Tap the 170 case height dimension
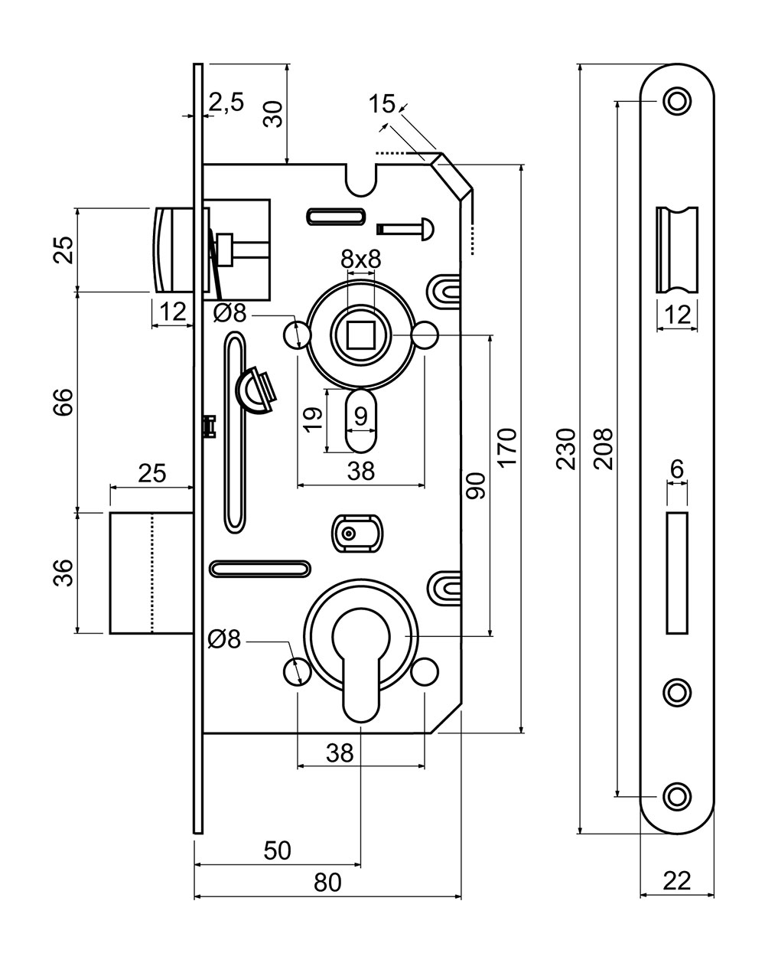507,448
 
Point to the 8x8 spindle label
360,259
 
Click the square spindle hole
360,335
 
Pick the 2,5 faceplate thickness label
226,103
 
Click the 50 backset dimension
278,850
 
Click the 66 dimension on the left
63,403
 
